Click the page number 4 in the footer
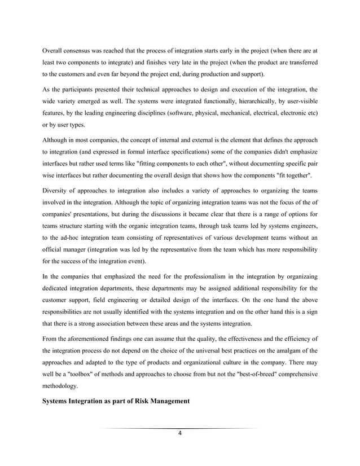pos(179,433)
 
